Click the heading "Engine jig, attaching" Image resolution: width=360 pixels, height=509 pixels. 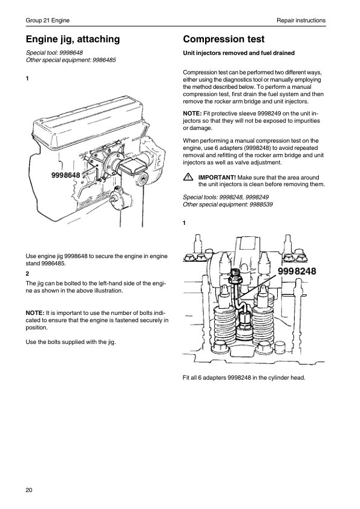(x=73, y=39)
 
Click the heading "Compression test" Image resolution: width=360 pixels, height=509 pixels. (x=223, y=39)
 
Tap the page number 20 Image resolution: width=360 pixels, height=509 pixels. (x=29, y=490)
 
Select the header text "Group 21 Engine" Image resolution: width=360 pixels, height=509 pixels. (x=47, y=21)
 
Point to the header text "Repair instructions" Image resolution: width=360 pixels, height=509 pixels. (x=301, y=21)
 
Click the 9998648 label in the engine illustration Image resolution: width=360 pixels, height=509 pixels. (x=65, y=176)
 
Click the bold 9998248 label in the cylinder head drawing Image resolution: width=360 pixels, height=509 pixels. (x=297, y=271)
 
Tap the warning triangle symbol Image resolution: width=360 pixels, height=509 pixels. (x=188, y=177)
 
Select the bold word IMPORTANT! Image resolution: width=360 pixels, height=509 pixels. (x=217, y=178)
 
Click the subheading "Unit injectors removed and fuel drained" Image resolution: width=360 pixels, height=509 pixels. (x=239, y=53)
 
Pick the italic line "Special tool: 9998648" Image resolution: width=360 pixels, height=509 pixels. (x=54, y=53)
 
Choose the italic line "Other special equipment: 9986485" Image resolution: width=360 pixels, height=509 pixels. (x=71, y=60)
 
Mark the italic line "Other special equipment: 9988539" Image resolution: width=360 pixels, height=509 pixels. (x=227, y=204)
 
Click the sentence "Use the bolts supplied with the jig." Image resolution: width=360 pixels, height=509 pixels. (x=71, y=342)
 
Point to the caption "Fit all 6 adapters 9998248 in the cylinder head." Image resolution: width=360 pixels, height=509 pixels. (x=244, y=378)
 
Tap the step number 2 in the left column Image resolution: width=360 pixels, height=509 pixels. (x=27, y=274)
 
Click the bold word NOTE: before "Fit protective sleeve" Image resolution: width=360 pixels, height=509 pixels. (x=192, y=114)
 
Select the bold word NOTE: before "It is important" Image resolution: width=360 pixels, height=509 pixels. (x=35, y=313)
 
